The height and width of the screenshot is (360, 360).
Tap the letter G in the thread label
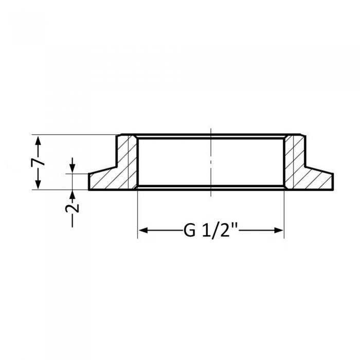(x=189, y=230)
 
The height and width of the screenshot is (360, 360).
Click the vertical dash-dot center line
(x=211, y=159)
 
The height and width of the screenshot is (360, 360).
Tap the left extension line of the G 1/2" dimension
(x=137, y=216)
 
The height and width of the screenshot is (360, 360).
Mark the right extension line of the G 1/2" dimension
(x=284, y=216)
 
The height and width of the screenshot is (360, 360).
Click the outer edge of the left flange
(x=89, y=182)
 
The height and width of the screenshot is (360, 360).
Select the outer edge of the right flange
(x=333, y=182)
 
